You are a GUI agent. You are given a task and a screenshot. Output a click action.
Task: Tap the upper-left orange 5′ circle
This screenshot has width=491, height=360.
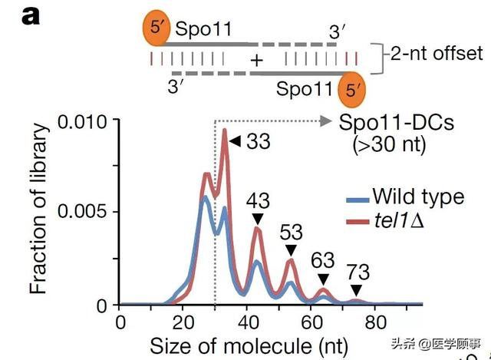[157, 29]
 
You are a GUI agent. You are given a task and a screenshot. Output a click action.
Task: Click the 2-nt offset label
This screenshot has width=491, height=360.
[434, 54]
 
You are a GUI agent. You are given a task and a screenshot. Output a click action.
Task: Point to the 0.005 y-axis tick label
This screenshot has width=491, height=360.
[86, 213]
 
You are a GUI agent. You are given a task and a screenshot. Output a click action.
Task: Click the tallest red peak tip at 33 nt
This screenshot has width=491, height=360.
[225, 130]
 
